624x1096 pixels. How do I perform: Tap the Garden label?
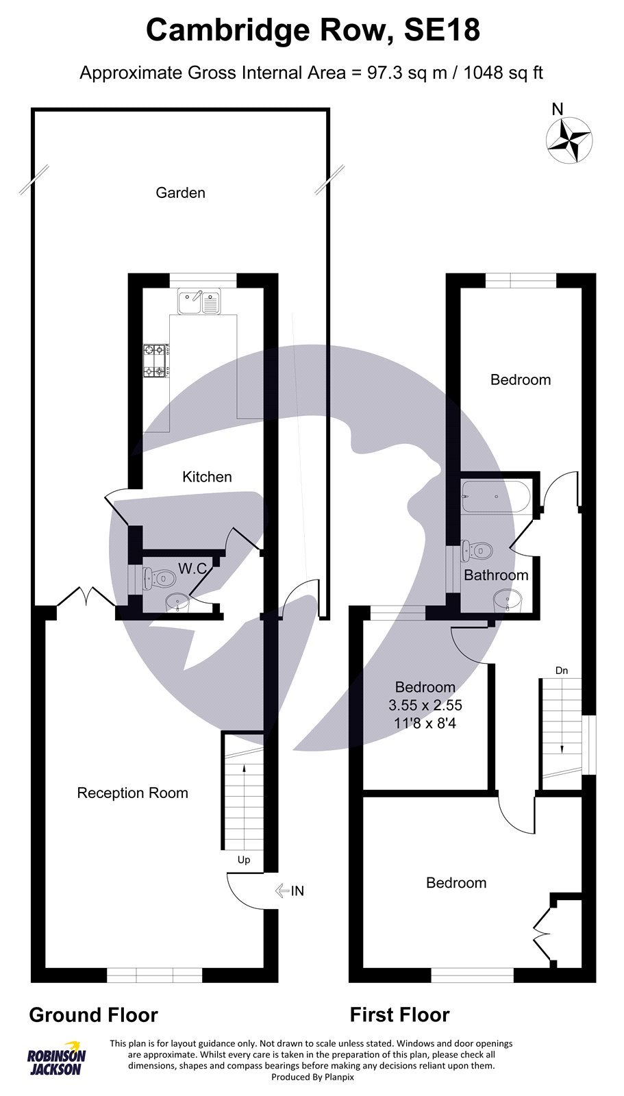point(180,192)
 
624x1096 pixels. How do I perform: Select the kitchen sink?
point(198,301)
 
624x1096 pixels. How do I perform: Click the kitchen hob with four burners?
point(155,361)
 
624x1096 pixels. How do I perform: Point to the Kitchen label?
point(207,477)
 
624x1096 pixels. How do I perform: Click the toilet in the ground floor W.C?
point(158,580)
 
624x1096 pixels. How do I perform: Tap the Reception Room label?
point(132,793)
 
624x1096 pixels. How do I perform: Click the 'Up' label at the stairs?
point(244,860)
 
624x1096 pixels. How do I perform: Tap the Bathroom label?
point(496,575)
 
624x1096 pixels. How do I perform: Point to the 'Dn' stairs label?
point(562,671)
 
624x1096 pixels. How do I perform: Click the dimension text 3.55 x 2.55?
point(425,704)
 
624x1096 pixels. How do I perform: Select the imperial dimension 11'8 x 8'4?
point(425,721)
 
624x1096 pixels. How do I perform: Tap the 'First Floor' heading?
point(399,1014)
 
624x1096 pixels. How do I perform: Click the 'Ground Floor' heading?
point(93,1014)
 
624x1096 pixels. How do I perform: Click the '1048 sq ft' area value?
point(503,72)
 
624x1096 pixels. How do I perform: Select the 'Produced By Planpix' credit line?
point(312,1077)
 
